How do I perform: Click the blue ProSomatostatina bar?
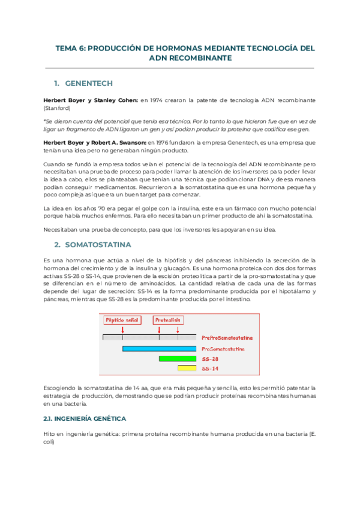tap(158, 348)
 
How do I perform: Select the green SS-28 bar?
tap(178, 358)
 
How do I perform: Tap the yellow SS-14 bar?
tap(187, 368)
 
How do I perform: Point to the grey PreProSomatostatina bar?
tap(149, 338)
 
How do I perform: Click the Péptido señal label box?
tap(122, 320)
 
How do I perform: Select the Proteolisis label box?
tap(168, 320)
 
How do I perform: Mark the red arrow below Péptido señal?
tap(122, 330)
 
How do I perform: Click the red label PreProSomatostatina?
tap(227, 338)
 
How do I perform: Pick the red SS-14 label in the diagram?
tap(211, 369)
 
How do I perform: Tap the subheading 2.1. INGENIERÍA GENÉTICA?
tap(84, 418)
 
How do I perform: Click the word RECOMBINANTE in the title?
tap(199, 58)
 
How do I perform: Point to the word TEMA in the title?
tap(67, 47)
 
